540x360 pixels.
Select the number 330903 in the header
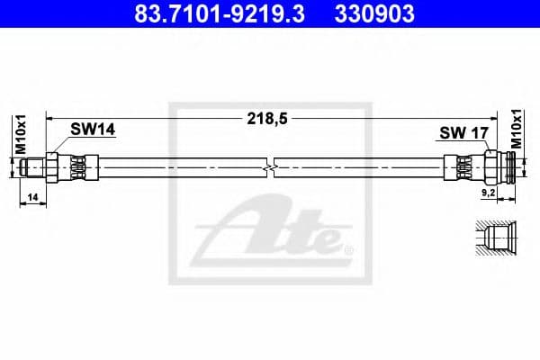374,15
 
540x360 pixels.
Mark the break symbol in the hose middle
269,167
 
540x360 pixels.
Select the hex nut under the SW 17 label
491,167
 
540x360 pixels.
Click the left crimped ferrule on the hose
79,167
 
